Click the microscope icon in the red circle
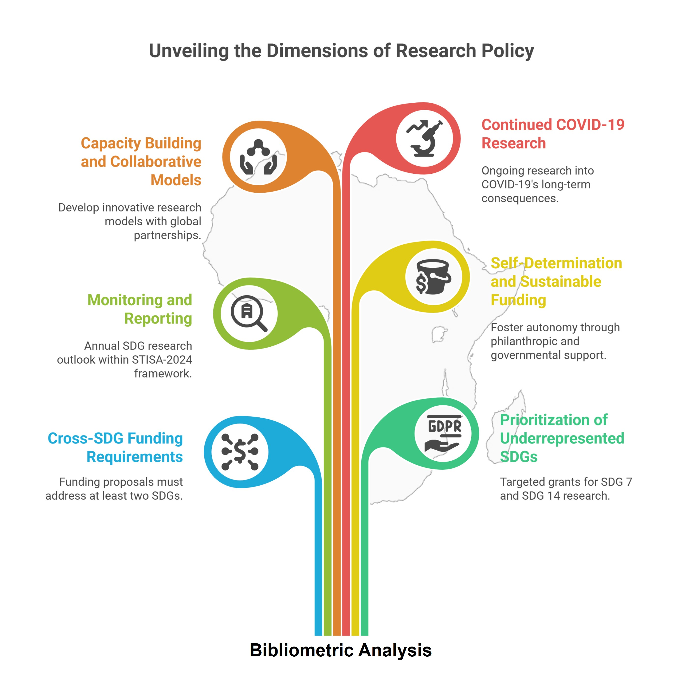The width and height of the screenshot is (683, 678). pos(424,139)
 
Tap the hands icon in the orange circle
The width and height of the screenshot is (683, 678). pos(258,157)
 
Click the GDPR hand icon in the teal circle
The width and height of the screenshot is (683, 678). pos(443,434)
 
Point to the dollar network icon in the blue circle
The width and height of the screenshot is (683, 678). pos(240,452)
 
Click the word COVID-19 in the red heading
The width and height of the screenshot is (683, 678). pos(590,125)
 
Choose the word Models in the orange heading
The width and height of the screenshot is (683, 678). pos(176,180)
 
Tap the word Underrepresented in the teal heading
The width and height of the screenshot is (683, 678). pos(562,438)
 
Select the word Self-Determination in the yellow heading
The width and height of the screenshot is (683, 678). pos(556,263)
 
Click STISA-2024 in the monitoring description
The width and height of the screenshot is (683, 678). pos(162,360)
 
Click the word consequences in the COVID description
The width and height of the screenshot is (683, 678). pos(520,198)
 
